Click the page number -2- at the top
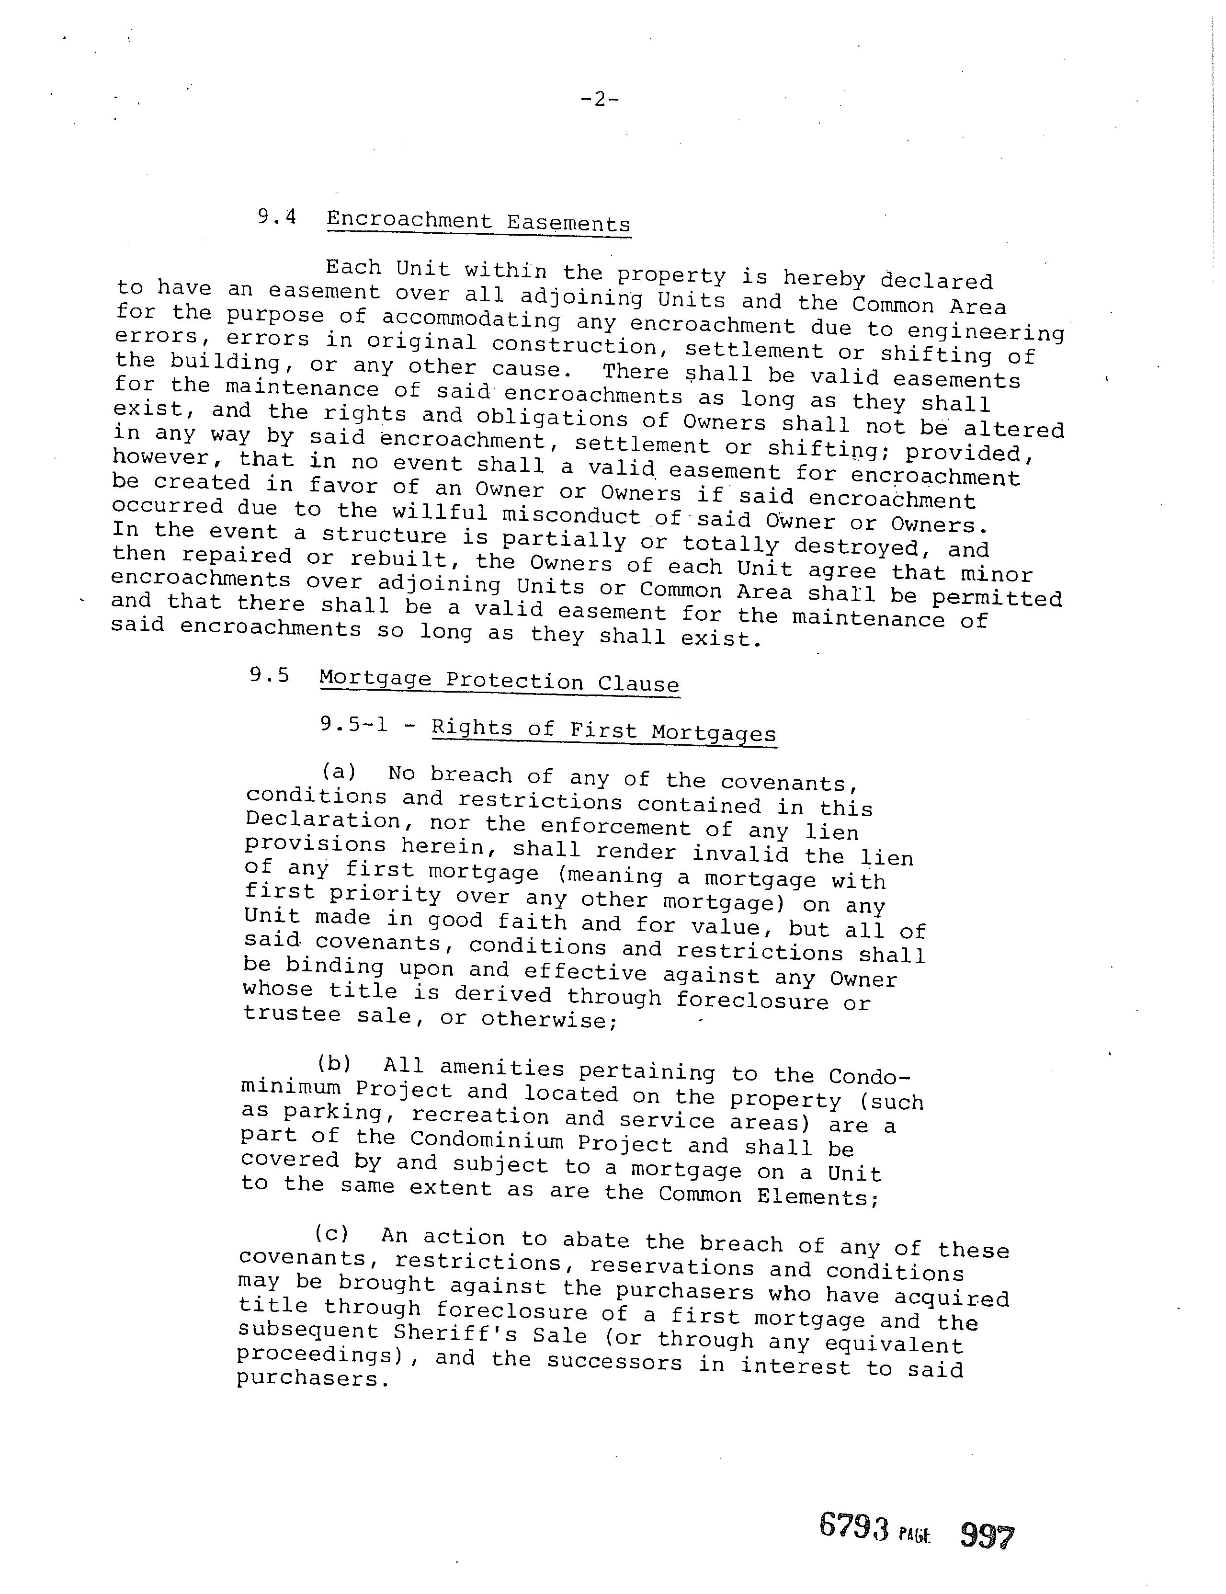click(599, 99)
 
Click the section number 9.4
click(277, 217)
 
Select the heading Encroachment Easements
click(478, 221)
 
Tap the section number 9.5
click(269, 675)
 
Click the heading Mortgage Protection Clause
click(499, 681)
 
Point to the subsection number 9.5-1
click(353, 725)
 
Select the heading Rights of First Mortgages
click(603, 730)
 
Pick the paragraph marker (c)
click(331, 1233)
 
